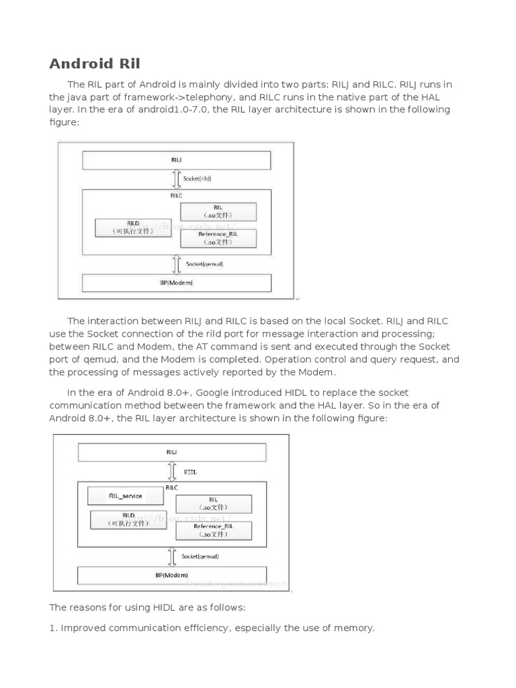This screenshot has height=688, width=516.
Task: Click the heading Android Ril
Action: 95,64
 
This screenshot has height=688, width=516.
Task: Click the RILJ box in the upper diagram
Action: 176,161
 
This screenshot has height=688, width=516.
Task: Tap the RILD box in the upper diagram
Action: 133,227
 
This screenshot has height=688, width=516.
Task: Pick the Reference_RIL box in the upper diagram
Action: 218,238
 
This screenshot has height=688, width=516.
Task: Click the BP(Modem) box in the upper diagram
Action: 176,283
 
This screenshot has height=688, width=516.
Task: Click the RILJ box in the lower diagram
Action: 172,452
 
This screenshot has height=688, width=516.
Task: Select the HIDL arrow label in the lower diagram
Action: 190,472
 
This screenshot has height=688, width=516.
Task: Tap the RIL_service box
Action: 126,497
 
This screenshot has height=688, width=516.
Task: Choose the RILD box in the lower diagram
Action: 128,519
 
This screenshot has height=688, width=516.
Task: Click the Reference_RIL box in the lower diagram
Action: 213,531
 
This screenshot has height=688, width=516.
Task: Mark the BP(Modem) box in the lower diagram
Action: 172,575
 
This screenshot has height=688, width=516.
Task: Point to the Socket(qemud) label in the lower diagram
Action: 200,556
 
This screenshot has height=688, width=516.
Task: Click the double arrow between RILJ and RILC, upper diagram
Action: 177,179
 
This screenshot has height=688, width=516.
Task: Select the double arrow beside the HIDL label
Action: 172,472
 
